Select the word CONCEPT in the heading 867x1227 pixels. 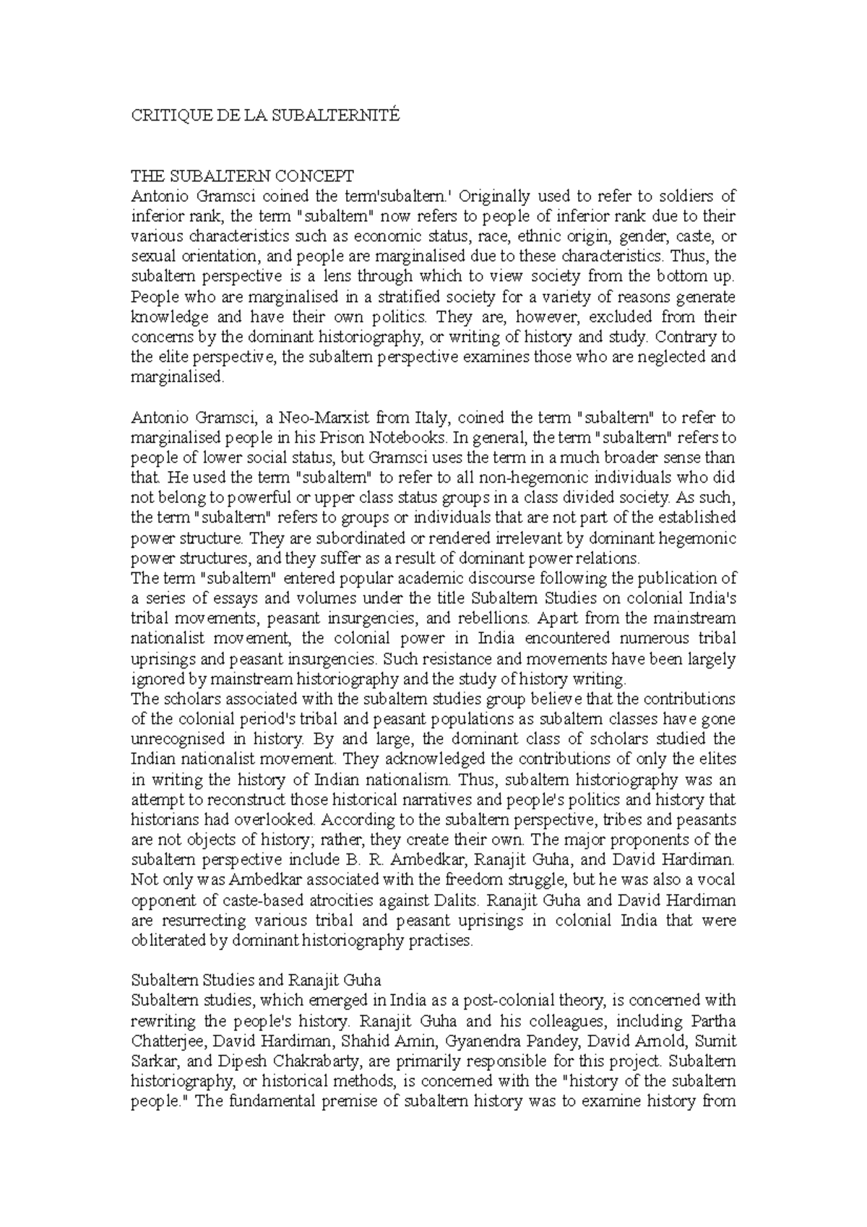(318, 176)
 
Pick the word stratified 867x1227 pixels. (412, 297)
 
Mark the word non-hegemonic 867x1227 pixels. (502, 478)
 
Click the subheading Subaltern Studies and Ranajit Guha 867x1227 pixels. (255, 981)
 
